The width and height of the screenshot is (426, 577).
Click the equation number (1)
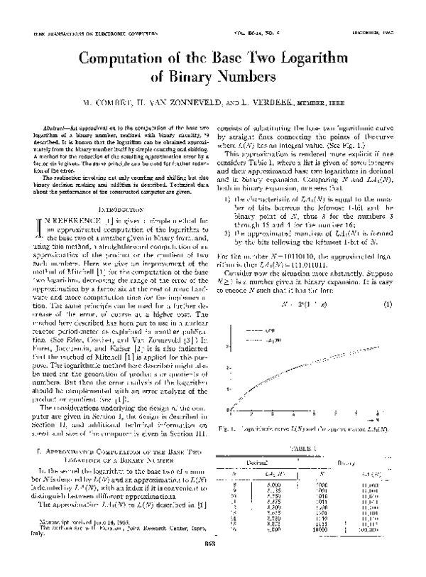(x=388, y=284)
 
